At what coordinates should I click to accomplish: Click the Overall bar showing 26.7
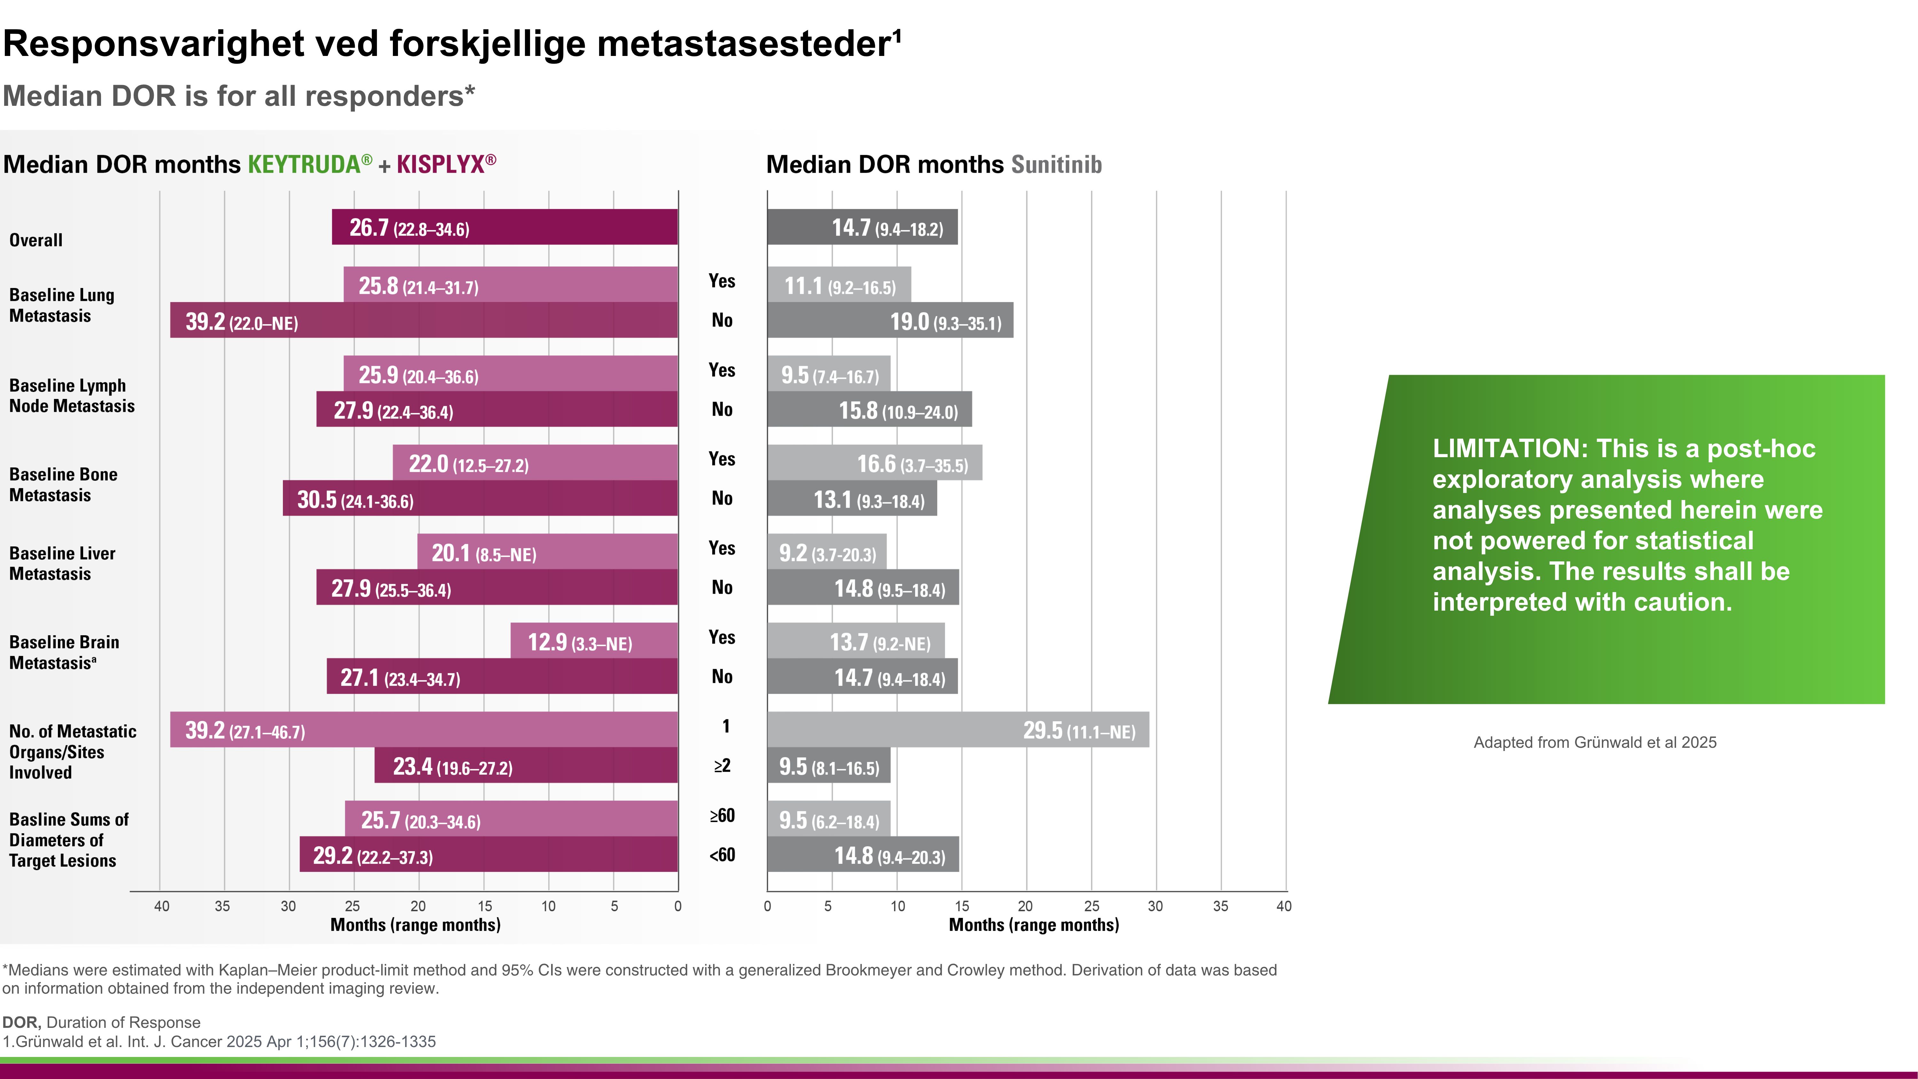[x=505, y=227]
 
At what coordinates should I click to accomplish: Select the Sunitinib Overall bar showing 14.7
[x=862, y=227]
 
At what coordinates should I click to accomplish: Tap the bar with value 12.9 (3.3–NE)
[x=594, y=641]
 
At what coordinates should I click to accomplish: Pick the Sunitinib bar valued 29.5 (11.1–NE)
[x=957, y=730]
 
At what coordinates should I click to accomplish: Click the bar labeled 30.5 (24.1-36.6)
[x=480, y=498]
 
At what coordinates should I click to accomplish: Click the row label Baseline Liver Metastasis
[x=63, y=564]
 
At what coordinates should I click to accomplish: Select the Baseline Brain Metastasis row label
[x=64, y=652]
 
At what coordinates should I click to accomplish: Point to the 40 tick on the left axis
[x=161, y=906]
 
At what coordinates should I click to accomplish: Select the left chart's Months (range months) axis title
[x=416, y=925]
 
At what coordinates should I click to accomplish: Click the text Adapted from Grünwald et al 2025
[x=1595, y=742]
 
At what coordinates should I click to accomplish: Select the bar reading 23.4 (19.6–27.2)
[x=526, y=765]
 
